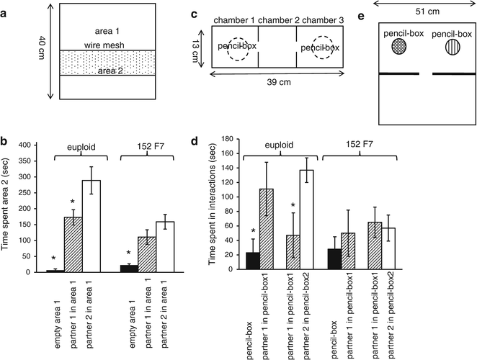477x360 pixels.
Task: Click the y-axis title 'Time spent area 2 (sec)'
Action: (x=9, y=209)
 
